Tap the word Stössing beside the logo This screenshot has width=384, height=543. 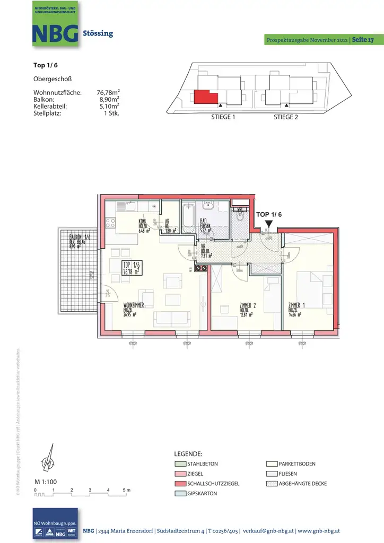98,33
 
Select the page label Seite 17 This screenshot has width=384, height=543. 363,40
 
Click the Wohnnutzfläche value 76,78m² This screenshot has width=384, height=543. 108,92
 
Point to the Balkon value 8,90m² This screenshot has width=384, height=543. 109,99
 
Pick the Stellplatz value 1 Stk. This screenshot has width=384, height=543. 111,113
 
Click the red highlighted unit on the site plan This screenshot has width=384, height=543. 205,97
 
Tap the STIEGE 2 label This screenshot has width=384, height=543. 285,117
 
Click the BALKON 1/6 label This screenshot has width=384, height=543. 80,237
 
